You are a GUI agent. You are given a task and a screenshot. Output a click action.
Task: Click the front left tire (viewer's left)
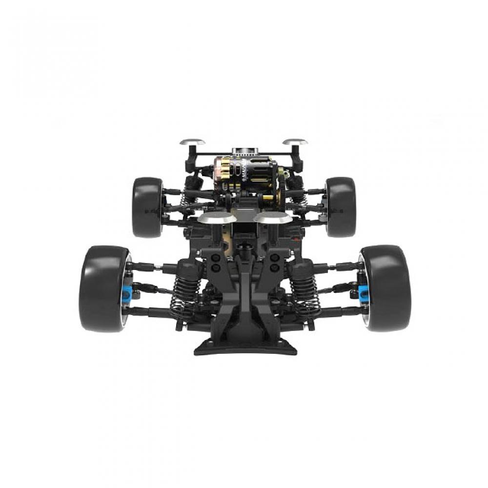click(102, 289)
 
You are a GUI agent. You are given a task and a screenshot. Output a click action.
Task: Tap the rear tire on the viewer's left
click(147, 207)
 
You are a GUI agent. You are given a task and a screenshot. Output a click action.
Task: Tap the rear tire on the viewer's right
click(341, 207)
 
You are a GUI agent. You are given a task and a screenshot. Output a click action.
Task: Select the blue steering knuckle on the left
click(128, 291)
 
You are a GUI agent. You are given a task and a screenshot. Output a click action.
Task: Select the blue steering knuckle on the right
click(363, 291)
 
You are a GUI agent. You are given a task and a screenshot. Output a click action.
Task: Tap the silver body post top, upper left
click(192, 142)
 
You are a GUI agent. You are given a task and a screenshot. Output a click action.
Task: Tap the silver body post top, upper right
click(295, 142)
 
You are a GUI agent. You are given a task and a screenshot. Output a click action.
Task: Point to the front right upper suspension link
click(342, 266)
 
